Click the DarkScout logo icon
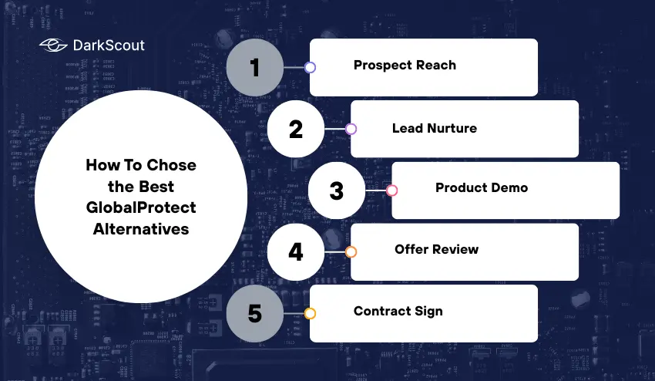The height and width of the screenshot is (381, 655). pyautogui.click(x=53, y=46)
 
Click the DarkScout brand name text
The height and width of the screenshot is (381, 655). pyautogui.click(x=109, y=46)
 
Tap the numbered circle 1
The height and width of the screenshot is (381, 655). pyautogui.click(x=255, y=67)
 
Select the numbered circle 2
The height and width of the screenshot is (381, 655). pyautogui.click(x=296, y=129)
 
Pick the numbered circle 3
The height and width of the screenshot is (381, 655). pyautogui.click(x=337, y=190)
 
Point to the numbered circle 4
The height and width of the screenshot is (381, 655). pyautogui.click(x=296, y=252)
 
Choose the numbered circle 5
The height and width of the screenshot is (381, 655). pyautogui.click(x=255, y=314)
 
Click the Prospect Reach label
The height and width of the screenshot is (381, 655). pyautogui.click(x=405, y=65)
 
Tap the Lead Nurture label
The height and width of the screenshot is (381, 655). pyautogui.click(x=435, y=128)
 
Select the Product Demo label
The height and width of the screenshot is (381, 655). pyautogui.click(x=482, y=187)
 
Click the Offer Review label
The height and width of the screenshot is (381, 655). pyautogui.click(x=436, y=249)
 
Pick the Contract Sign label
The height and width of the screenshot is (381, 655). pyautogui.click(x=398, y=312)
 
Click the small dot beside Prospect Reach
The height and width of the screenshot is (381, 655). pyautogui.click(x=310, y=67)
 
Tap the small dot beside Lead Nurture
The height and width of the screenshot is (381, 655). pyautogui.click(x=351, y=129)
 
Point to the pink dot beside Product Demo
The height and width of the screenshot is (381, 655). pyautogui.click(x=391, y=190)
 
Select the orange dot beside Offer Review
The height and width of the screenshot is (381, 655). pyautogui.click(x=351, y=252)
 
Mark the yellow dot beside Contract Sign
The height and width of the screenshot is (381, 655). pyautogui.click(x=310, y=314)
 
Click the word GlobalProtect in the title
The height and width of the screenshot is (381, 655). pyautogui.click(x=141, y=207)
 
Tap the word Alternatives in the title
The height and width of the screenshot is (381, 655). pyautogui.click(x=141, y=229)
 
